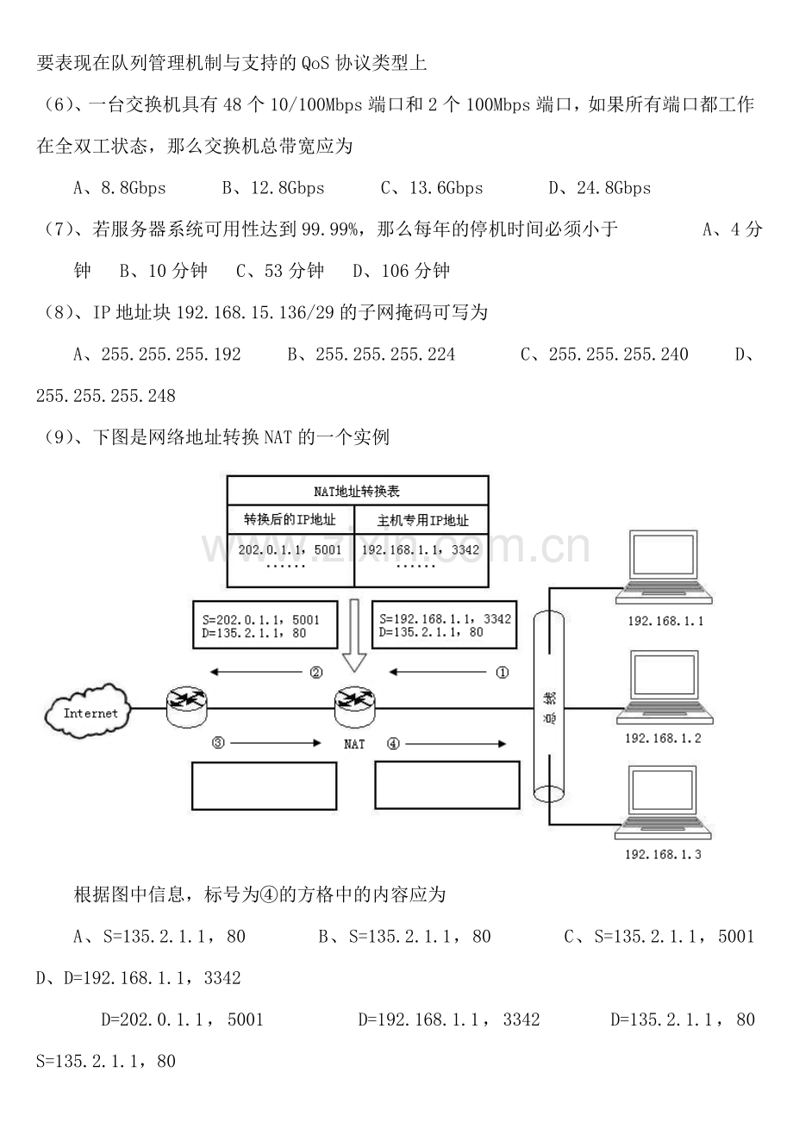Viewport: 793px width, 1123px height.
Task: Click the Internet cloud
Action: (88, 712)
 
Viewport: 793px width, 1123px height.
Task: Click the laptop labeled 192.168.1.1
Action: (665, 568)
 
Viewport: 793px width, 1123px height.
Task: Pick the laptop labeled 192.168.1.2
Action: (665, 687)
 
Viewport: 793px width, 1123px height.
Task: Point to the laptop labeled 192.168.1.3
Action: (663, 803)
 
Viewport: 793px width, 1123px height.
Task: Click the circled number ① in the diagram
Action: (502, 672)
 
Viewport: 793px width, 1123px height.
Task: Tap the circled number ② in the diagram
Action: (316, 672)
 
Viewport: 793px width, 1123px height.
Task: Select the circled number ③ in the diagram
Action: (218, 743)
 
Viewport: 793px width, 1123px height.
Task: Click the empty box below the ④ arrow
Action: (447, 785)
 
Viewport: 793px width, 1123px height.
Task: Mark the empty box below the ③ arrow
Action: (265, 786)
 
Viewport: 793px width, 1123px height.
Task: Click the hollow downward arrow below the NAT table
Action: (354, 636)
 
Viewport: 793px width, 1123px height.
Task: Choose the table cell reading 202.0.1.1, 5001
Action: (290, 561)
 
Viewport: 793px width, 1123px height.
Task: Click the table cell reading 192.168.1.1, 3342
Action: (421, 561)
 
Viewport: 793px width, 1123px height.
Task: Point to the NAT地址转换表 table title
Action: (357, 492)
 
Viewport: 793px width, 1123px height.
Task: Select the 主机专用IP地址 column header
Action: (422, 520)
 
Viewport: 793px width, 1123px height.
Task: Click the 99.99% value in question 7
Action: (330, 229)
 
